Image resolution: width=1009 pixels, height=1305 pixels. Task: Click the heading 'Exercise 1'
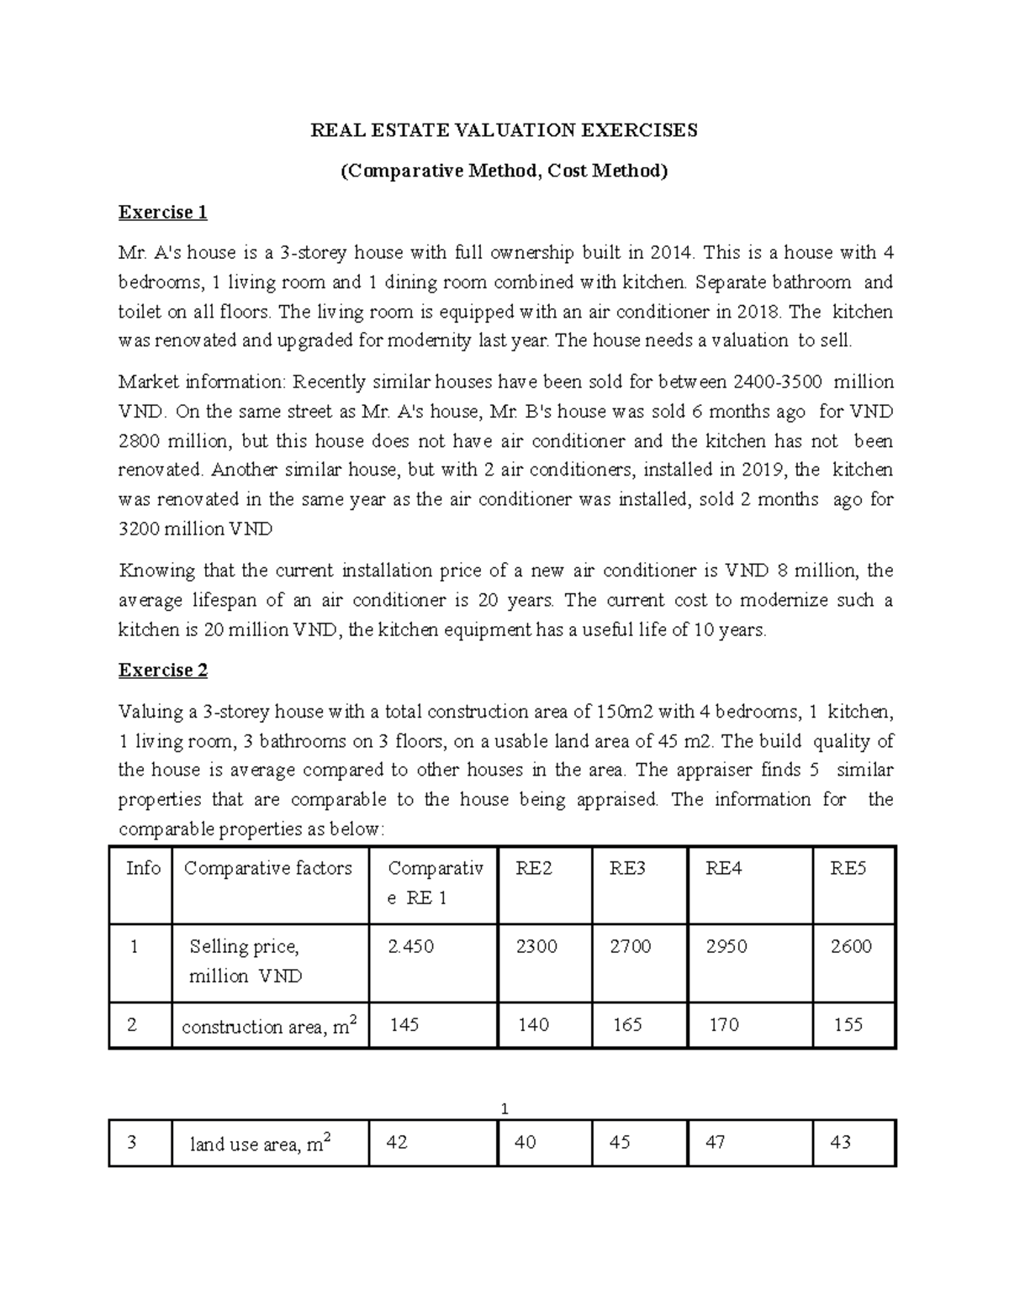pos(162,213)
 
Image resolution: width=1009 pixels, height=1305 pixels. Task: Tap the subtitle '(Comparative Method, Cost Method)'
pos(504,171)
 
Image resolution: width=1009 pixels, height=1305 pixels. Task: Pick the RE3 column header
pos(627,869)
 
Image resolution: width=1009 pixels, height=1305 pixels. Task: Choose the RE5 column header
pos(848,869)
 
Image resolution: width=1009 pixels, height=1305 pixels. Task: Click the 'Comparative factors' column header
pos(267,869)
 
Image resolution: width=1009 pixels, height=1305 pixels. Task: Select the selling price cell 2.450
pos(410,947)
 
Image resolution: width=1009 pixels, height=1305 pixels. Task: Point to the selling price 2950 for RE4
pos(726,947)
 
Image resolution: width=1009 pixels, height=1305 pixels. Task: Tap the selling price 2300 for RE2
pos(536,947)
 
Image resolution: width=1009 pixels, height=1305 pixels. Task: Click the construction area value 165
pos(627,1025)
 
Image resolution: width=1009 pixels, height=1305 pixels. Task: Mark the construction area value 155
pos(848,1025)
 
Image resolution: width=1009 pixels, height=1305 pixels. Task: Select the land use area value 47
pos(716,1143)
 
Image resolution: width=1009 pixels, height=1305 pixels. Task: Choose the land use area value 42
pos(397,1143)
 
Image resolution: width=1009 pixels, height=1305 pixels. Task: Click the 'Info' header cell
pos(143,869)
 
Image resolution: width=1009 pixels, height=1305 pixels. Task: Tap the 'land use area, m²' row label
pos(256,1144)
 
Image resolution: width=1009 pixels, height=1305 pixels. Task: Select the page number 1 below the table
pos(504,1110)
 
